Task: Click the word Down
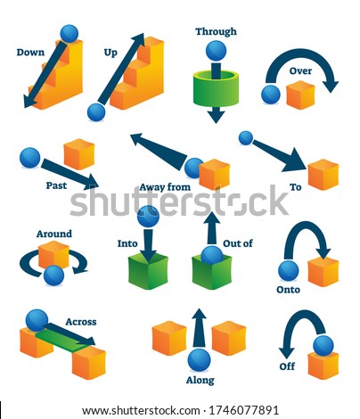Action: [30, 53]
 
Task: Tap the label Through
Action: [216, 31]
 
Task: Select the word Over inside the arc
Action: [300, 71]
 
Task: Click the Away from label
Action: [165, 187]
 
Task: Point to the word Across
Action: [81, 322]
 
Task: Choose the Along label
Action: [200, 381]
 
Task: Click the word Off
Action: [287, 366]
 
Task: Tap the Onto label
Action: [288, 290]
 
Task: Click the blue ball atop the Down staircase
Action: [70, 34]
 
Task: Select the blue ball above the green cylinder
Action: [216, 51]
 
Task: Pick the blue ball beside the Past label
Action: [29, 158]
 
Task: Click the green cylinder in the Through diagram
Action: [216, 87]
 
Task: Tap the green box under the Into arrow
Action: [148, 272]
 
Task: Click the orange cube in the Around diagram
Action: [53, 254]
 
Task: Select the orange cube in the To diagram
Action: [323, 175]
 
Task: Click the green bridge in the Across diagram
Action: [64, 341]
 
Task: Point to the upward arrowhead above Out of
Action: [211, 218]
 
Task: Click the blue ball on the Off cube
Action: [323, 346]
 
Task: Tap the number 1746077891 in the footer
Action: [244, 410]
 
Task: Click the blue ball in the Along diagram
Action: [199, 360]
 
